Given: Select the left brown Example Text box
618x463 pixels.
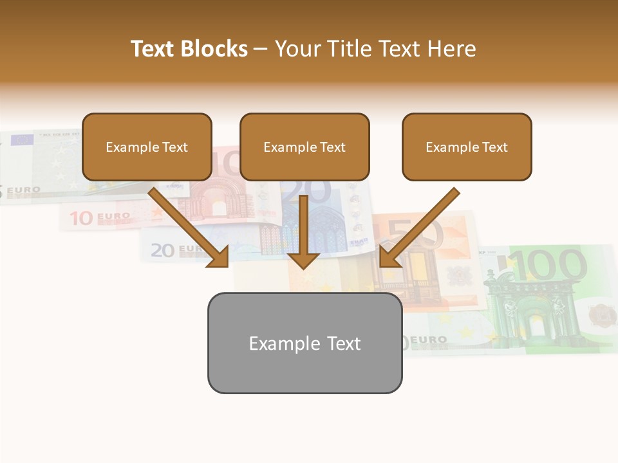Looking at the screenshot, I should [x=147, y=147].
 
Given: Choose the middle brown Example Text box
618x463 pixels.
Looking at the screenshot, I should [x=304, y=147].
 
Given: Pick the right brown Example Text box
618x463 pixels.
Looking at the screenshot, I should [x=467, y=147].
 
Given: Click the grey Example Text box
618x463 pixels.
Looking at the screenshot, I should [x=304, y=343].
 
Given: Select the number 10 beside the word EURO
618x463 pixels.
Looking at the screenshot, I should [x=82, y=219].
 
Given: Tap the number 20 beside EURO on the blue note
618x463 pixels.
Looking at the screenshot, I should [x=162, y=250].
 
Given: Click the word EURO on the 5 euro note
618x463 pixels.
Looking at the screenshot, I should [x=24, y=191].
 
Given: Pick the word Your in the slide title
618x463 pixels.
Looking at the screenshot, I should [x=297, y=49].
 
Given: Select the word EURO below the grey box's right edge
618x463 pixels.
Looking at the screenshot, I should [x=428, y=340].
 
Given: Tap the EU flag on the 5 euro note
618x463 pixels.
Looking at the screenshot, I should [x=23, y=139].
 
